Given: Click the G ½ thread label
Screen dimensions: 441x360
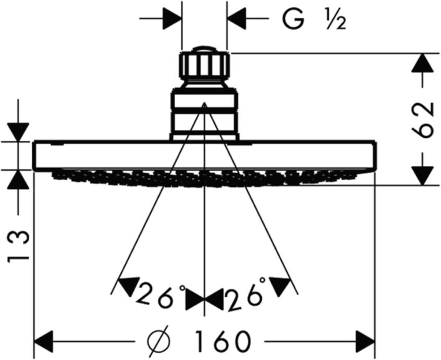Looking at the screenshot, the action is [x=314, y=19].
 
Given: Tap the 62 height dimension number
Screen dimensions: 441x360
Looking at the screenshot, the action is [x=421, y=119].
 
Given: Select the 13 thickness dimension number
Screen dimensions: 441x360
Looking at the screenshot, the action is [x=18, y=246].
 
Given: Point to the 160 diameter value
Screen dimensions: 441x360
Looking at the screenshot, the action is [x=222, y=341].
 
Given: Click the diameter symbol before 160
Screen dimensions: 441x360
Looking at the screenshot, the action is [x=159, y=341].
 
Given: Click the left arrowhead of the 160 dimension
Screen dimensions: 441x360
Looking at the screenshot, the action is [x=43, y=341].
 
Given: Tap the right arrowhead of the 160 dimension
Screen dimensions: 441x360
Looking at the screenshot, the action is [x=365, y=341].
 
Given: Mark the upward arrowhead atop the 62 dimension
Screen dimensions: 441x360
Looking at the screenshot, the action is [x=422, y=63].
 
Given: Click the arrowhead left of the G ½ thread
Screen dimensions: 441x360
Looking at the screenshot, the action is [x=172, y=19].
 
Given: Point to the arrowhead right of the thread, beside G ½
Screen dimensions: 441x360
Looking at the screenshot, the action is [x=237, y=19].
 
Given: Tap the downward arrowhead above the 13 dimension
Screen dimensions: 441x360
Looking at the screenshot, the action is [x=18, y=132].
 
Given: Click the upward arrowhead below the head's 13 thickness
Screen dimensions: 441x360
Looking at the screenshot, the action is [x=18, y=179].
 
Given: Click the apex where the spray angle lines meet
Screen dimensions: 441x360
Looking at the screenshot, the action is [x=204, y=103].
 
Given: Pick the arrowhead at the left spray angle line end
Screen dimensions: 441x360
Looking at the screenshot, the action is [x=128, y=286].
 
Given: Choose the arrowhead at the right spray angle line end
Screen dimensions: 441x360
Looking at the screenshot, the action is [x=280, y=286].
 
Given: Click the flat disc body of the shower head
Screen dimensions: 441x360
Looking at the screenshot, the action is [x=204, y=155].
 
